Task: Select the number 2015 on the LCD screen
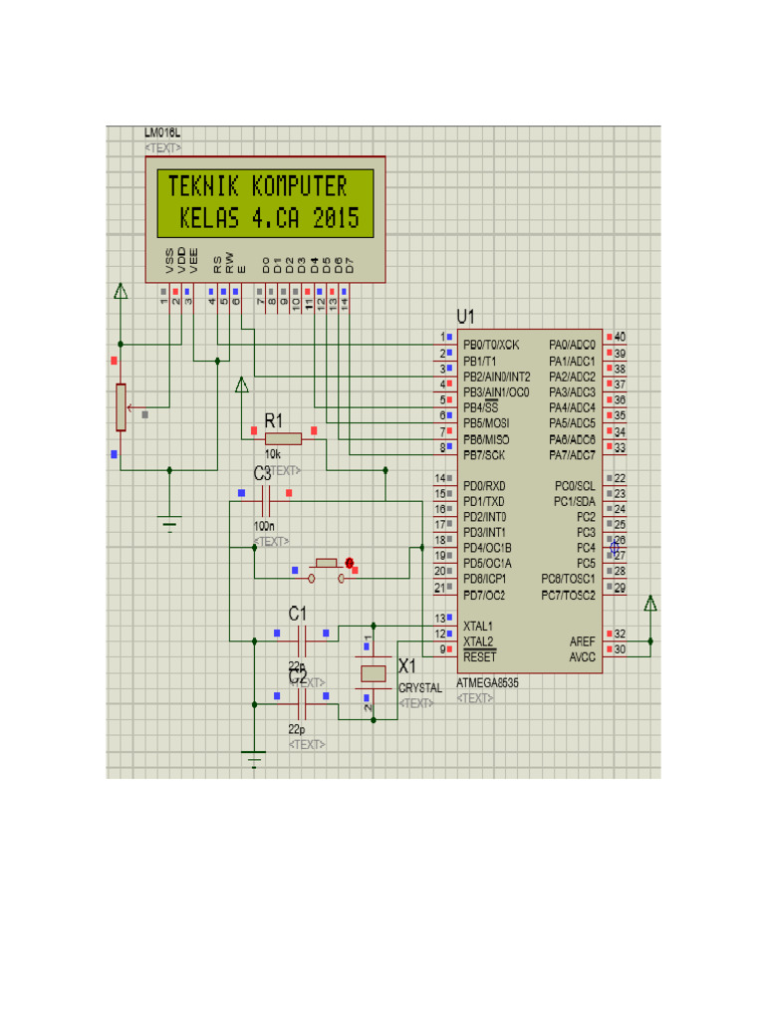tap(336, 219)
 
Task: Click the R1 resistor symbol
tap(284, 438)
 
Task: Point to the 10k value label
tap(272, 453)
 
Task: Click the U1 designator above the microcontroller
tap(466, 317)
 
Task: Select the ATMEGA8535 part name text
tap(487, 684)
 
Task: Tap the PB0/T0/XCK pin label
tap(491, 345)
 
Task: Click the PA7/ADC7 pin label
tap(572, 455)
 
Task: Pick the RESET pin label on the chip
tap(479, 657)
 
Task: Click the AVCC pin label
tap(582, 657)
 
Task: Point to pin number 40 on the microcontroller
tap(620, 338)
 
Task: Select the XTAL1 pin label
tap(478, 626)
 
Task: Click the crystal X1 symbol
tap(373, 673)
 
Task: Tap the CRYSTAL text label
tap(420, 688)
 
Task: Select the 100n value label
tap(264, 526)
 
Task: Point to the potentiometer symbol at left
tap(121, 407)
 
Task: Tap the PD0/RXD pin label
tap(484, 485)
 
